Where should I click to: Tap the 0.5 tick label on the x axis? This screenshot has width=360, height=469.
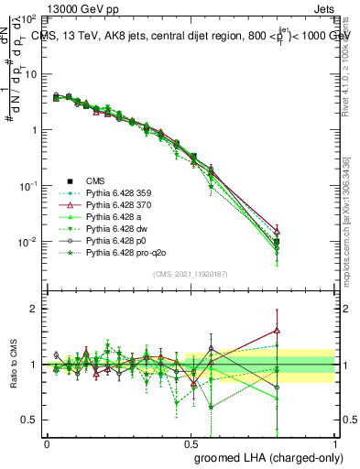[x=191, y=442]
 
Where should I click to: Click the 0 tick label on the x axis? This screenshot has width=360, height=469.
[x=47, y=442]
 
